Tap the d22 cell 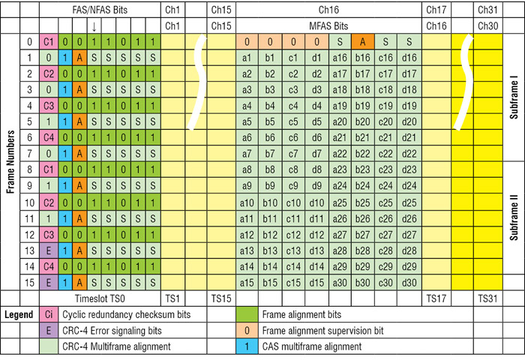pos(409,154)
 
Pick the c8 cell pos(293,169)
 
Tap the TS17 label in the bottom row pos(436,298)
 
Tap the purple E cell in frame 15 pos(48,283)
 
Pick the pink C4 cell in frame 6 pos(48,137)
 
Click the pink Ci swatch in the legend pos(48,313)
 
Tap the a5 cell pos(246,121)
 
